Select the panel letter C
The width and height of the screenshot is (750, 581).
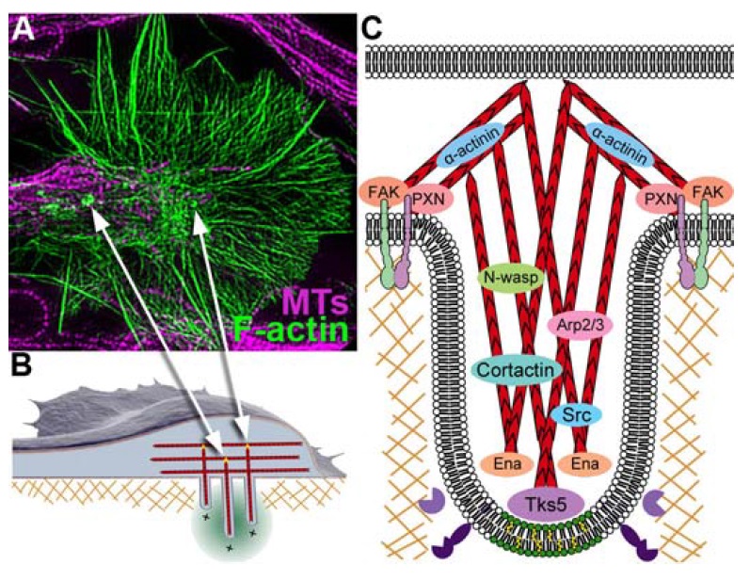click(x=372, y=26)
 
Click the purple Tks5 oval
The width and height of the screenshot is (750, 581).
click(x=546, y=504)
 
